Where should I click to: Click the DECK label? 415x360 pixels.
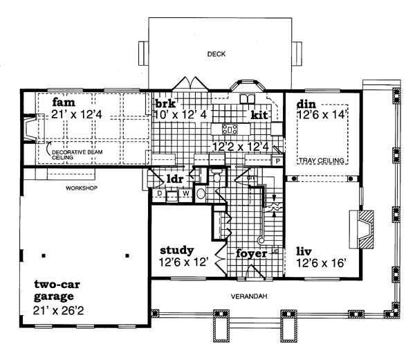pos(216,53)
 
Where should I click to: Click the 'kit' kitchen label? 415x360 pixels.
pos(259,114)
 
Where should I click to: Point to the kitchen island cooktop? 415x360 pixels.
pos(230,129)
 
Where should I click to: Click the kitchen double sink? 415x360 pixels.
pos(246,100)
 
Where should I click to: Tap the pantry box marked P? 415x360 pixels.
pos(277,161)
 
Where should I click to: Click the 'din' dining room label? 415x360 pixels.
pos(306,105)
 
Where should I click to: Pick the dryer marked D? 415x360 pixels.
pos(159,195)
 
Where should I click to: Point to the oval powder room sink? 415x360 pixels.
pos(201,194)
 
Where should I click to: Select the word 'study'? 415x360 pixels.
pos(176,250)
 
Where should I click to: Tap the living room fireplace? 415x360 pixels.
pos(364,226)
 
